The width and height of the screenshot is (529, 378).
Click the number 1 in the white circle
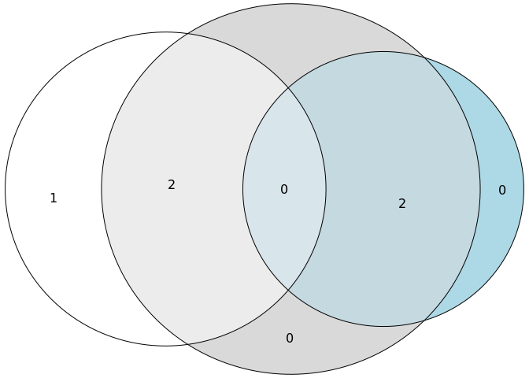point(54,198)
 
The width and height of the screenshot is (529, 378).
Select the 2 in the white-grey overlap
point(172,185)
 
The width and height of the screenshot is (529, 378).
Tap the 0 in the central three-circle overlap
point(284,189)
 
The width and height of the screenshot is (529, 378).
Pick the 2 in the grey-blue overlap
point(402,203)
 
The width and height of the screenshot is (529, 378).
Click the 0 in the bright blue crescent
point(502,190)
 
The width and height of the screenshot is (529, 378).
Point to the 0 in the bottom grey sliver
point(290,339)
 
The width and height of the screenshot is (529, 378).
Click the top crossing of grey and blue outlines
point(425,58)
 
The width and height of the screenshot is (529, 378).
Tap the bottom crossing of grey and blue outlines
point(425,320)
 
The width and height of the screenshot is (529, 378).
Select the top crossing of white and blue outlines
point(287,87)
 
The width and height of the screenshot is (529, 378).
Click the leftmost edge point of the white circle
point(6,189)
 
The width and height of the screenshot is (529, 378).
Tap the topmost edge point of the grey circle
point(290,4)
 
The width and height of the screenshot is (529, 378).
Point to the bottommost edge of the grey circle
point(290,374)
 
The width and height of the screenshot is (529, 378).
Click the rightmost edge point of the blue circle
point(523,189)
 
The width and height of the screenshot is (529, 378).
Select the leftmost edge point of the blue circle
point(243,189)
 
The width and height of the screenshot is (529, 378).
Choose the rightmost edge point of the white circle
point(326,189)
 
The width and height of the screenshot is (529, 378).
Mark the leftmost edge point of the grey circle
point(102,189)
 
